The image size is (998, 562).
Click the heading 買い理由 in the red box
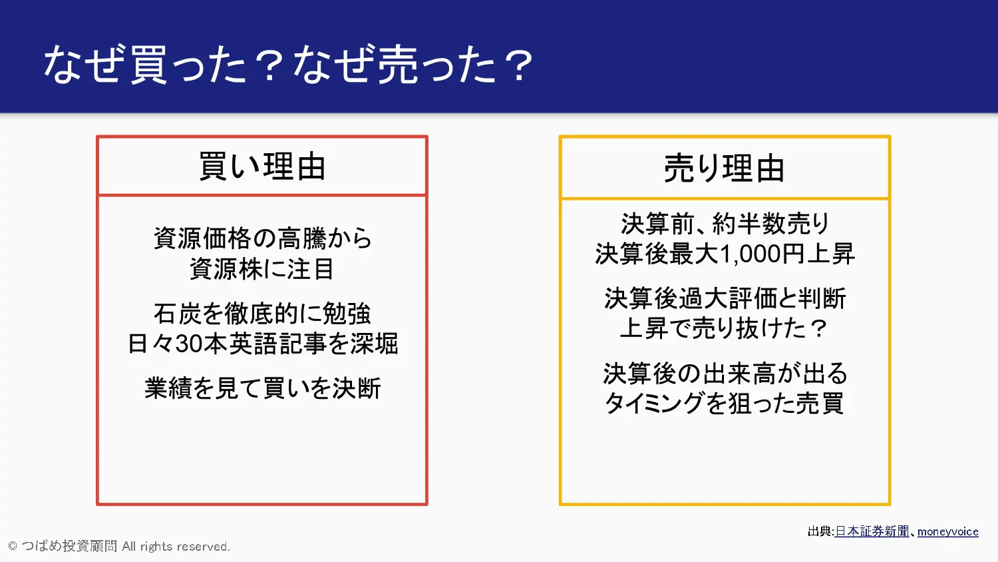262,166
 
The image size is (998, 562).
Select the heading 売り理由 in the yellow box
724,168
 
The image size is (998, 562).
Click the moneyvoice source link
947,531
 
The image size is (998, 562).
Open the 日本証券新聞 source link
872,531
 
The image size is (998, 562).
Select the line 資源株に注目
261,268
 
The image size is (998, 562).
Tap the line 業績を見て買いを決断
262,388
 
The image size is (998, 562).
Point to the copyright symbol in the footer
13,547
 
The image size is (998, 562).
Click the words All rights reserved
176,547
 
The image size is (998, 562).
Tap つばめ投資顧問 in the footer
69,546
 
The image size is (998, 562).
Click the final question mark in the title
518,66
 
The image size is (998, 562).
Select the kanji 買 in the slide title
149,65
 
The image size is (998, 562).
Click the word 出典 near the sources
820,531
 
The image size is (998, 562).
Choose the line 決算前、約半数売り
725,224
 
